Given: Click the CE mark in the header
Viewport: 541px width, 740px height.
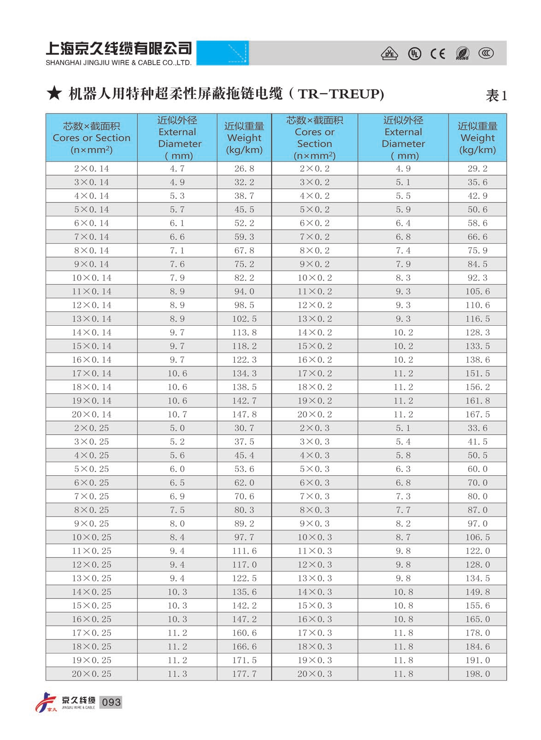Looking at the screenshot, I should (437, 54).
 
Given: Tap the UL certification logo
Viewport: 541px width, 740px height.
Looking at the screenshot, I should (414, 54).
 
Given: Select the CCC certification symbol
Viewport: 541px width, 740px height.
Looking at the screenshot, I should (486, 54).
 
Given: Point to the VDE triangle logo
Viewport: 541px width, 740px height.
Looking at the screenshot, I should (389, 54).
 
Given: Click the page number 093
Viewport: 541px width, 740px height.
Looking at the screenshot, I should (111, 702).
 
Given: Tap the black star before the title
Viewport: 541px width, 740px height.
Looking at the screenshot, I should (54, 94).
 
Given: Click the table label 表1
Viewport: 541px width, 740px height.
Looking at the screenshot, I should (496, 95).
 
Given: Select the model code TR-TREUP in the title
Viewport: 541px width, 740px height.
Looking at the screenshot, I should (341, 94).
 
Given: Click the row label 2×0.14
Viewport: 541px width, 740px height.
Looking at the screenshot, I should (91, 168).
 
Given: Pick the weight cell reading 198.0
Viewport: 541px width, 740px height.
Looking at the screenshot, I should (477, 674).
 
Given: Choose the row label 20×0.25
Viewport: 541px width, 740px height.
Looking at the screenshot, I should (91, 674).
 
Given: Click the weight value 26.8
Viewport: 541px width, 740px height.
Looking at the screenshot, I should (244, 168).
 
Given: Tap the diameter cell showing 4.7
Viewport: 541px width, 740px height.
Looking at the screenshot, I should (177, 168).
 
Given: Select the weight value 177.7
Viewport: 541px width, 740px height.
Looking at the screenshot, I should (244, 674).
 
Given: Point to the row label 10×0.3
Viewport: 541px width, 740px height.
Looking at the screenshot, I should (314, 537).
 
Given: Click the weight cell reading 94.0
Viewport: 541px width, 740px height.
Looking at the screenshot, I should (244, 291).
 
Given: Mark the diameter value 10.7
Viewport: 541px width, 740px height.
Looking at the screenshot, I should (177, 414).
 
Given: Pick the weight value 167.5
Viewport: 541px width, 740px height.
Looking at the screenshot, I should (477, 414).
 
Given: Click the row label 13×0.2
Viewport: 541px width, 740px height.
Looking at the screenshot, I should (314, 318).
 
